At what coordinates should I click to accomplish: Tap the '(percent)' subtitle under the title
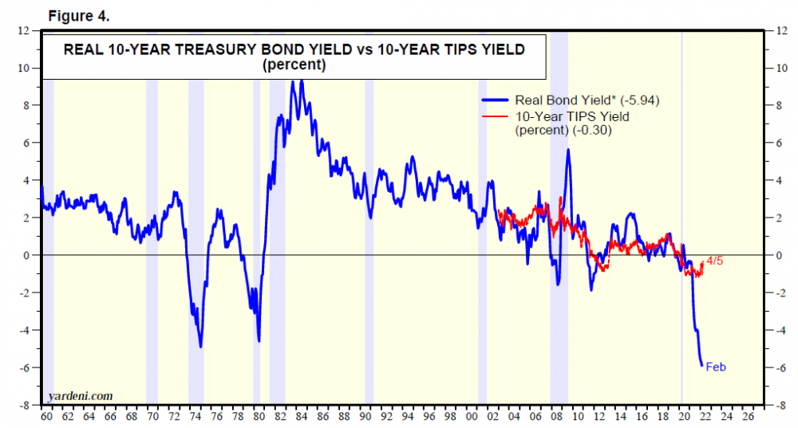coord(294,65)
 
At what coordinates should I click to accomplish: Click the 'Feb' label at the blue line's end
coord(716,367)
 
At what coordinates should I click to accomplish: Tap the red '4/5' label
coord(714,261)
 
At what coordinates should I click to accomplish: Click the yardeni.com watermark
coord(80,395)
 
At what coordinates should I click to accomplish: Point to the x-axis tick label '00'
coord(471,417)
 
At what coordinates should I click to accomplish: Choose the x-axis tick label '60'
coord(47,417)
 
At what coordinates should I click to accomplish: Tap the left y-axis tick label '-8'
coord(26,405)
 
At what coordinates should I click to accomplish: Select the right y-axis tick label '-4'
coord(780,330)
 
